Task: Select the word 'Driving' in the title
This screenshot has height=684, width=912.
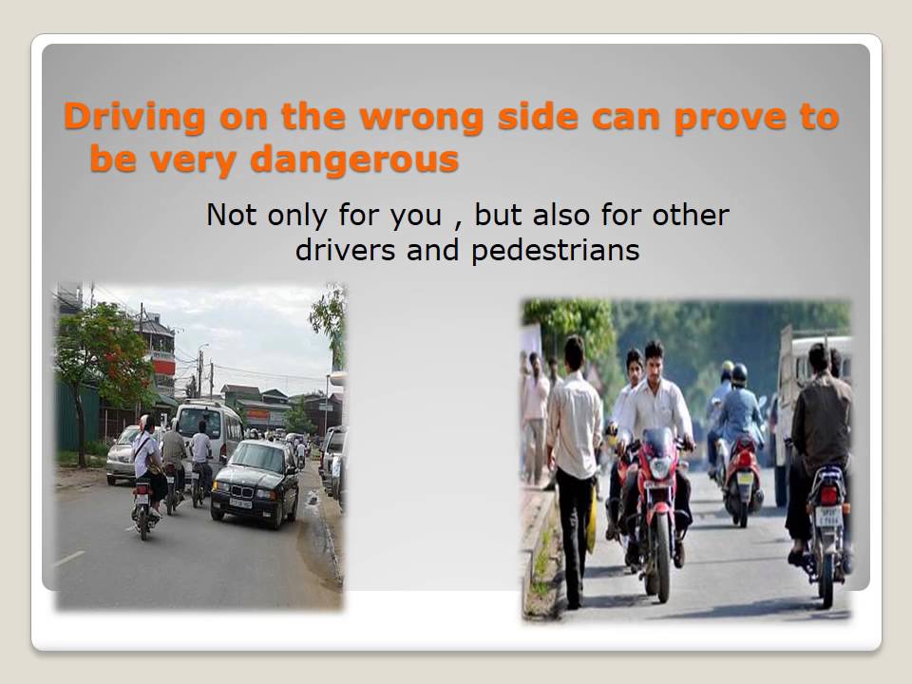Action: [133, 118]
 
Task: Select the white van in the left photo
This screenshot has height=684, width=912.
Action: [211, 427]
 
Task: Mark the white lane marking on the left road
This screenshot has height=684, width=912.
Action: [68, 559]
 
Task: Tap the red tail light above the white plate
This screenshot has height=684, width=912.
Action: [828, 495]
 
